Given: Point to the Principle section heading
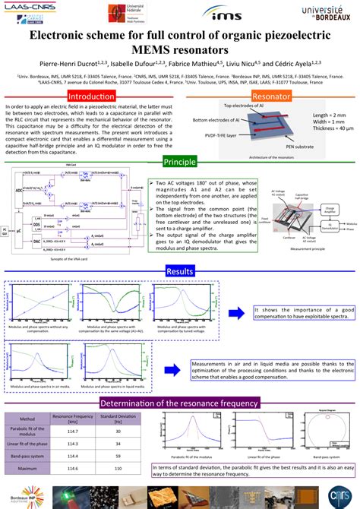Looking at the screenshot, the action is click(x=179, y=163).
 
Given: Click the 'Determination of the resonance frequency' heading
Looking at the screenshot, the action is click(x=179, y=403).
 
